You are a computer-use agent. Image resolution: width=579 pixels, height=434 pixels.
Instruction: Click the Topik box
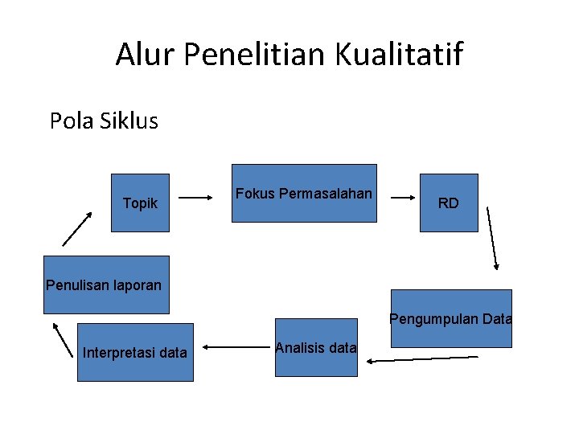click(x=140, y=203)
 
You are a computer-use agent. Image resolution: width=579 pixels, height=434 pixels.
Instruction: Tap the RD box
click(x=449, y=203)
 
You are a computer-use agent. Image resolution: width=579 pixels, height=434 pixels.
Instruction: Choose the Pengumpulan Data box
click(x=451, y=318)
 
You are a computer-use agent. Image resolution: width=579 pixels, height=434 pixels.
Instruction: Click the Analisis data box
click(x=316, y=348)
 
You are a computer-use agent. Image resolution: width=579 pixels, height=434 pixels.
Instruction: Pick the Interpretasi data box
click(x=135, y=352)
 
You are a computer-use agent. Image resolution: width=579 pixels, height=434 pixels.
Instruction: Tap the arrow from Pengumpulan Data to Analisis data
click(x=422, y=359)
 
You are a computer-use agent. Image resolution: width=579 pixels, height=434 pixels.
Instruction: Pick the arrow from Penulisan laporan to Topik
click(x=77, y=228)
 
